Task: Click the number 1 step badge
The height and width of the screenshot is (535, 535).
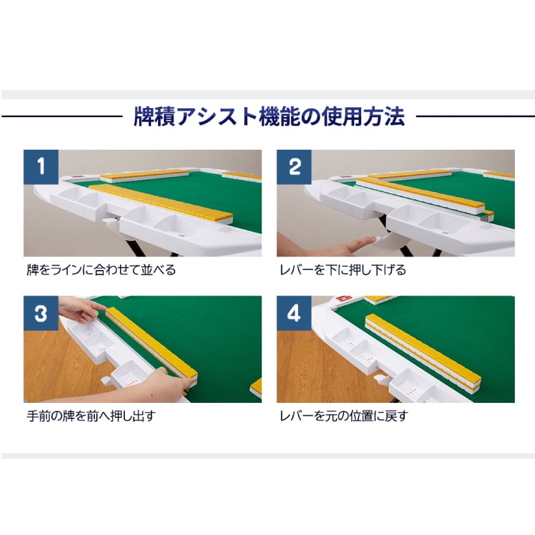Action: point(41,167)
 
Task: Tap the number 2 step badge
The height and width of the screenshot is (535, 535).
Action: point(294,167)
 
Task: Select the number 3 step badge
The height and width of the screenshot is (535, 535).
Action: point(41,313)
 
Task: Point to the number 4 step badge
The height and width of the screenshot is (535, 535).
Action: point(294,313)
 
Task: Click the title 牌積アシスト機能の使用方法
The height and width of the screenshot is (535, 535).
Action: point(269,117)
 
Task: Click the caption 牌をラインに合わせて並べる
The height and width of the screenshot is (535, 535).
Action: point(101,270)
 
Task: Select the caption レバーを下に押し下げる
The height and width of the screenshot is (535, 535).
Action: point(343,270)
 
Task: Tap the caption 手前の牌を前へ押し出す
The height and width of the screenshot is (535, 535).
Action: point(91,416)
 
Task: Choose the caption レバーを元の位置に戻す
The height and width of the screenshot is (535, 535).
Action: point(344,416)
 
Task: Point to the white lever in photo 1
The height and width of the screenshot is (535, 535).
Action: point(111,225)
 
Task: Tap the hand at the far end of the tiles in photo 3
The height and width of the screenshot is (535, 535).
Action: point(80,309)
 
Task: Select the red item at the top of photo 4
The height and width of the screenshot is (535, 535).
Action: point(341,299)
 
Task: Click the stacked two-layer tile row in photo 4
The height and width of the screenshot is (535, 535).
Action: point(423,353)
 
